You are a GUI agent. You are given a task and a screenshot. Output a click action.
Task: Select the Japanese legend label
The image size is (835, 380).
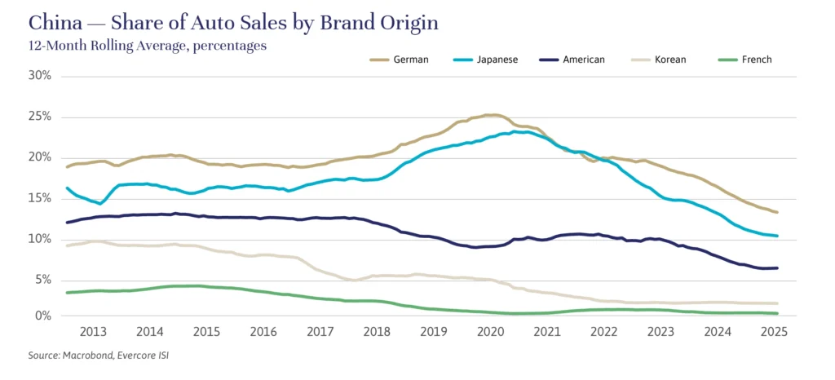click(x=497, y=60)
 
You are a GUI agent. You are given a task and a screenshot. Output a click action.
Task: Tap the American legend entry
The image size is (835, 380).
click(x=583, y=60)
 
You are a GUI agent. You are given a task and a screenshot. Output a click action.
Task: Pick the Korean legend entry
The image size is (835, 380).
click(x=669, y=60)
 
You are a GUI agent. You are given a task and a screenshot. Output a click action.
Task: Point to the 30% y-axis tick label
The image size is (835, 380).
click(x=40, y=76)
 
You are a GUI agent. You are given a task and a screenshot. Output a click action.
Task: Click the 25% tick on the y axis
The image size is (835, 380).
click(x=40, y=117)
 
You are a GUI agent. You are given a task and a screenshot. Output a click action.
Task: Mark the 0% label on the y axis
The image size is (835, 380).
click(x=43, y=316)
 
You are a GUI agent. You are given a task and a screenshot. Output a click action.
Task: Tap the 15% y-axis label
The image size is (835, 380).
click(x=40, y=197)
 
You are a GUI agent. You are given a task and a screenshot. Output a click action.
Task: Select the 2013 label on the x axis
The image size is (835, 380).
click(x=93, y=332)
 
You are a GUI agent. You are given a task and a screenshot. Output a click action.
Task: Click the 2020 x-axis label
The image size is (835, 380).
click(x=492, y=332)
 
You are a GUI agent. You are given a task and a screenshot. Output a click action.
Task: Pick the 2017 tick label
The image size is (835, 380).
click(x=320, y=332)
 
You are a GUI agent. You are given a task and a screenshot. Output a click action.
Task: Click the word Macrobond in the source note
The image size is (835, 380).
click(x=91, y=356)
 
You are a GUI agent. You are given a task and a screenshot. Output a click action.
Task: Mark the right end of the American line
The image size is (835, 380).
click(x=777, y=267)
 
